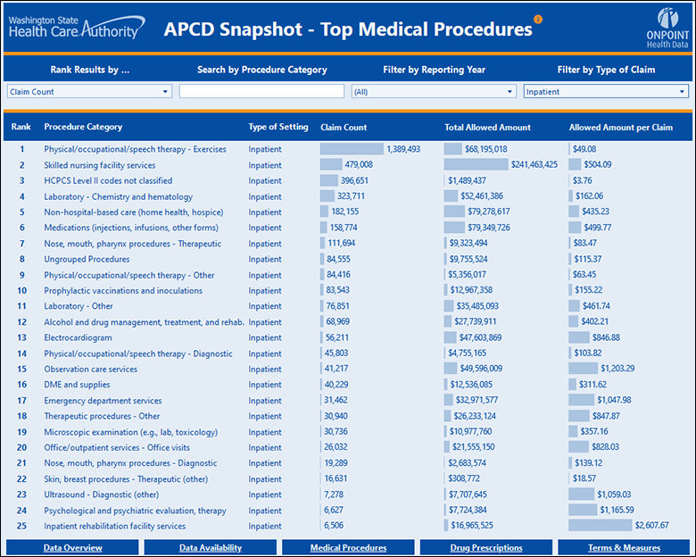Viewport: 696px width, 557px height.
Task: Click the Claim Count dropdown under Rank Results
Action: tap(88, 91)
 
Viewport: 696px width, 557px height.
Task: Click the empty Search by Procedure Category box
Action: tap(261, 91)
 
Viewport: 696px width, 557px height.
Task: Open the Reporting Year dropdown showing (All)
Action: tap(434, 91)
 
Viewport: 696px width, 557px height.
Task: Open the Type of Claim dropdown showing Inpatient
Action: tap(606, 91)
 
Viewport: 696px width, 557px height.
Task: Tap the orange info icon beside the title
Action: tap(537, 19)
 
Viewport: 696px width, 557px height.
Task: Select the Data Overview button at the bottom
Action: tap(72, 547)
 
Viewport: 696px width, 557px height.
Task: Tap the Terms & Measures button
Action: tap(625, 547)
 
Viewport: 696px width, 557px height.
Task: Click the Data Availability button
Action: tap(211, 547)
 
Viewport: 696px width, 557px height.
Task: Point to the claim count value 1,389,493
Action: tap(403, 149)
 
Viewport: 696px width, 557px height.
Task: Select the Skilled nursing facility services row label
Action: tap(100, 165)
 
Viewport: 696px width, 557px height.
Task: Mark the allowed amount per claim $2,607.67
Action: tap(654, 526)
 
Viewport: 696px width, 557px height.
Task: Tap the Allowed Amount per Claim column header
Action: tap(620, 127)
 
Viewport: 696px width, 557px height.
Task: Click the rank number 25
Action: tap(21, 526)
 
